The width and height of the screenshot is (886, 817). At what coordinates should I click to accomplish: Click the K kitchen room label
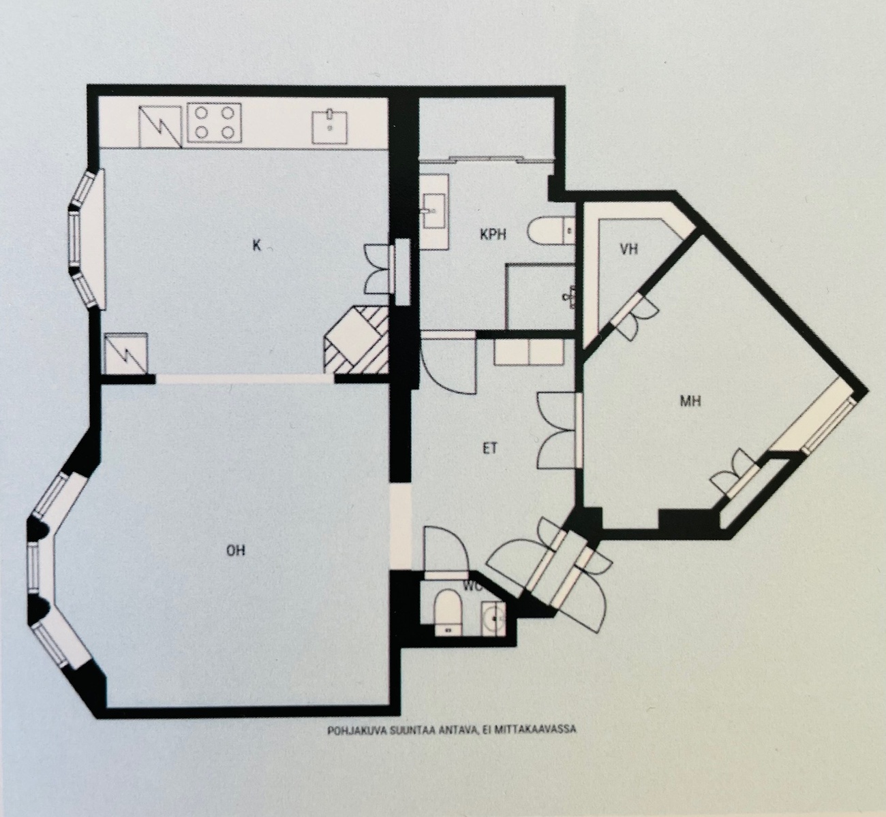(256, 246)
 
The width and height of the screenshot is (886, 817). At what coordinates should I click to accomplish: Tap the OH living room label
(236, 551)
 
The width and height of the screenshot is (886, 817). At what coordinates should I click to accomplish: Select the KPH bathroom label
(493, 234)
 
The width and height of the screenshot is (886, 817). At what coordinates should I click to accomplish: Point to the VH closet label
(629, 250)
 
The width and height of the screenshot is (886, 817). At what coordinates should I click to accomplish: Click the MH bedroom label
(690, 402)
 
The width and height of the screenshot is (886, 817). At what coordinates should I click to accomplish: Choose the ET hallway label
(489, 449)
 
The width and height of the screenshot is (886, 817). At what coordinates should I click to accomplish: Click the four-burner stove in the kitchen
(215, 123)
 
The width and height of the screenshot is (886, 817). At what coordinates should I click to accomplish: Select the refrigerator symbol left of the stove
(160, 127)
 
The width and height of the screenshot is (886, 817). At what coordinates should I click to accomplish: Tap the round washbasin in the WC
(493, 619)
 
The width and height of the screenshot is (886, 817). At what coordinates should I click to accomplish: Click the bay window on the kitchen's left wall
(87, 239)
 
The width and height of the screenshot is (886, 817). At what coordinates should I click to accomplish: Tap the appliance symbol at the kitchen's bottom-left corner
(126, 353)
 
